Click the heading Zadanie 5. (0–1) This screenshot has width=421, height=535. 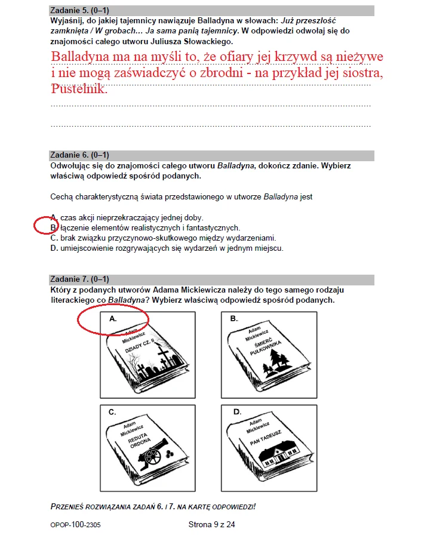tap(79, 11)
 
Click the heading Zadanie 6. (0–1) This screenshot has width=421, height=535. tap(79, 155)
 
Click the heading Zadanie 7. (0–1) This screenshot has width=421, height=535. tap(79, 279)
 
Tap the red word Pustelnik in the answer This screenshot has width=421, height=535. tap(79, 90)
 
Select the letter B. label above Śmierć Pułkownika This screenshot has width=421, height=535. tap(234, 319)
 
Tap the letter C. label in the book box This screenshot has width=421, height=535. tap(112, 412)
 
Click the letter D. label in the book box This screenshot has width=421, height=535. tap(237, 412)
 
